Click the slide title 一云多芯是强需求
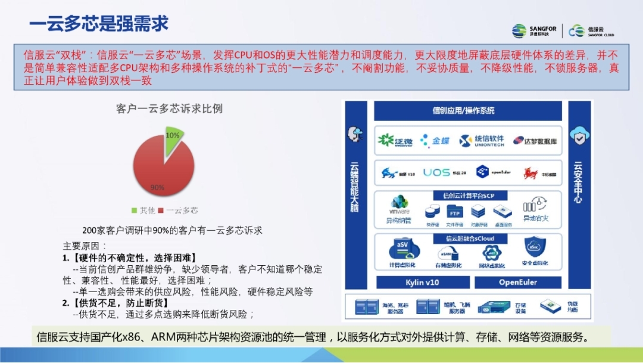99,23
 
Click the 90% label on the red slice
157,187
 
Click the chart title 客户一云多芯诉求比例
170,108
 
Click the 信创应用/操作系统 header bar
467,110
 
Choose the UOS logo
436,173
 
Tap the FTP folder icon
455,212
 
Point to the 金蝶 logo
435,141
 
